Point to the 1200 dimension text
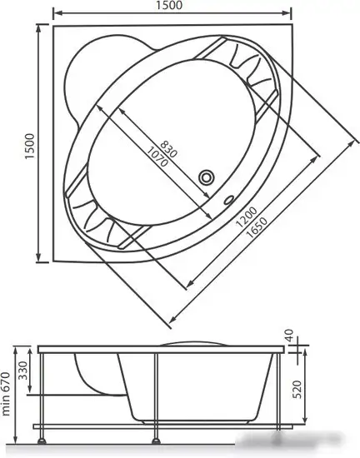click(x=242, y=219)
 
